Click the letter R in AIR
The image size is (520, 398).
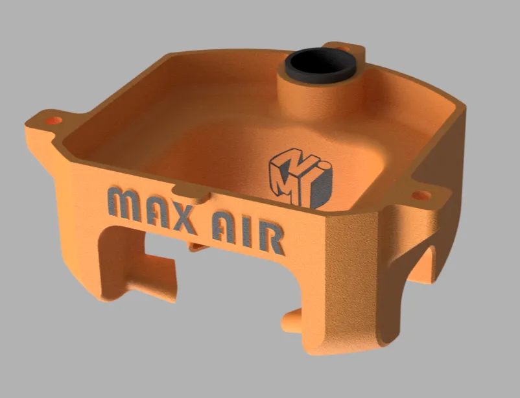click(272, 239)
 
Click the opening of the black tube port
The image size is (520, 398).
click(321, 62)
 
